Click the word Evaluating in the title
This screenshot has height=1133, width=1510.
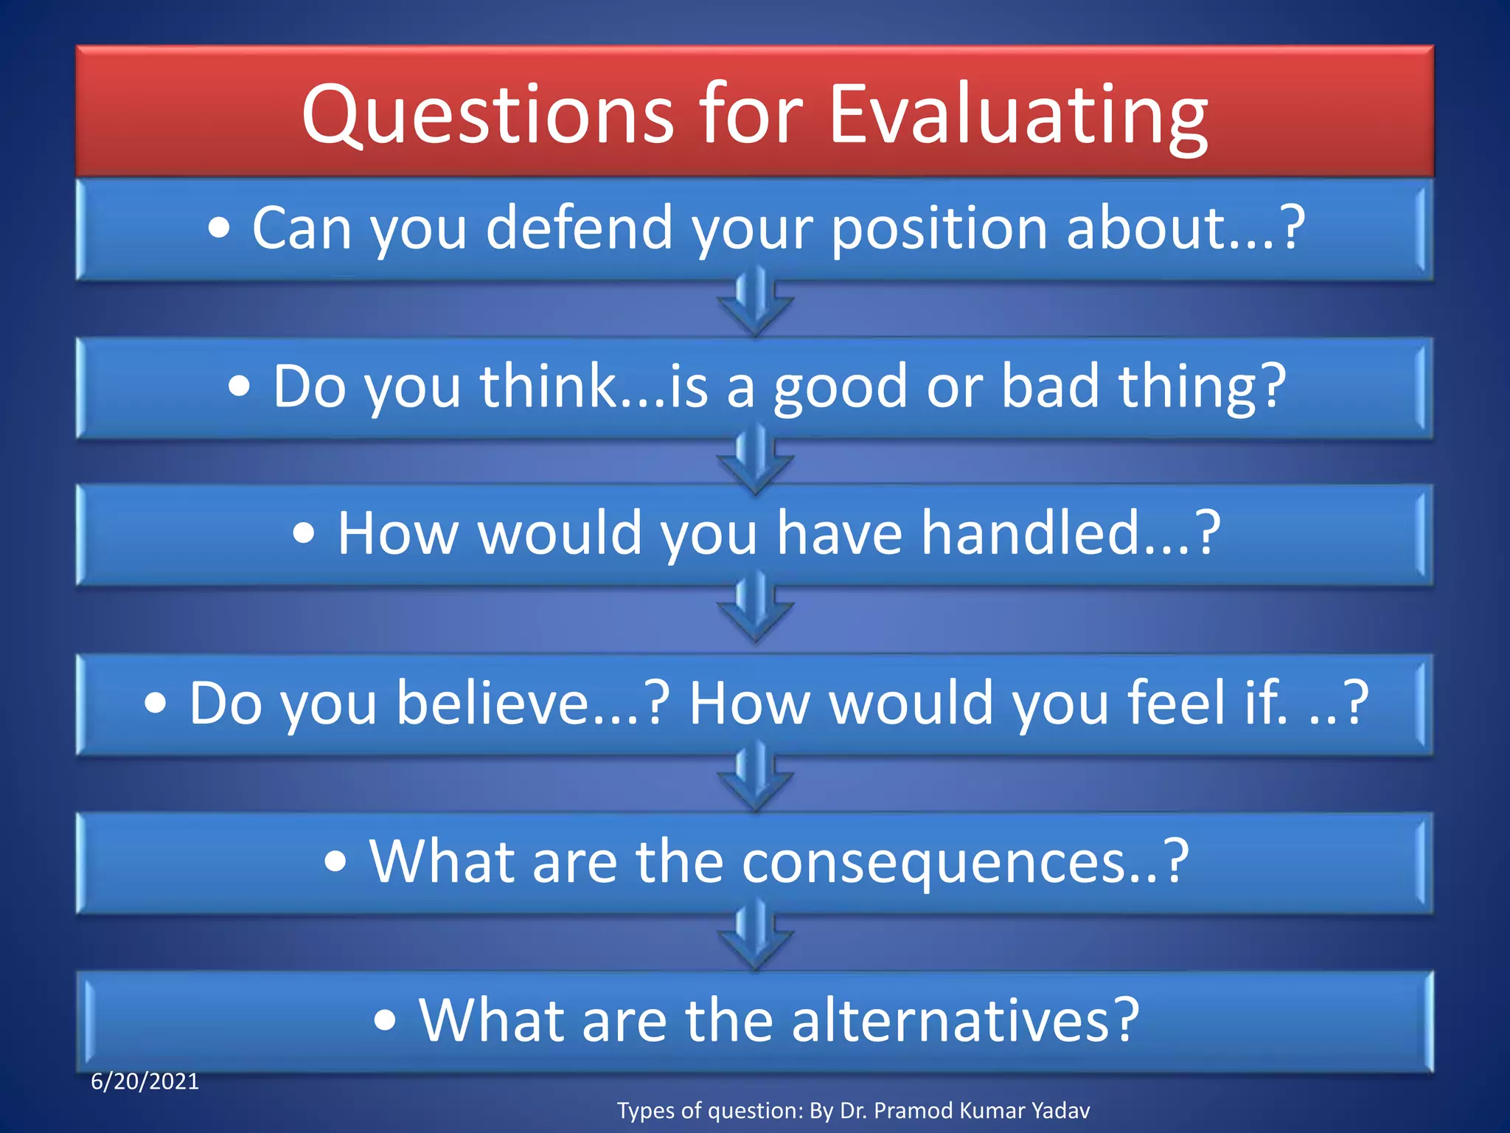(x=1018, y=117)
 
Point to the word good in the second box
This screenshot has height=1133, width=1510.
(x=840, y=387)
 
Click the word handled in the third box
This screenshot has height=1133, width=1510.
(x=1032, y=533)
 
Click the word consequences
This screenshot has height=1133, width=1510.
(x=933, y=862)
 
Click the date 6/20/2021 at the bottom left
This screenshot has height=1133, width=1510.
(x=145, y=1082)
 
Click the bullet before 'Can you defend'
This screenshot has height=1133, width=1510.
(x=219, y=229)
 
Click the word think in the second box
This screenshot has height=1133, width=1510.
(x=549, y=386)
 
